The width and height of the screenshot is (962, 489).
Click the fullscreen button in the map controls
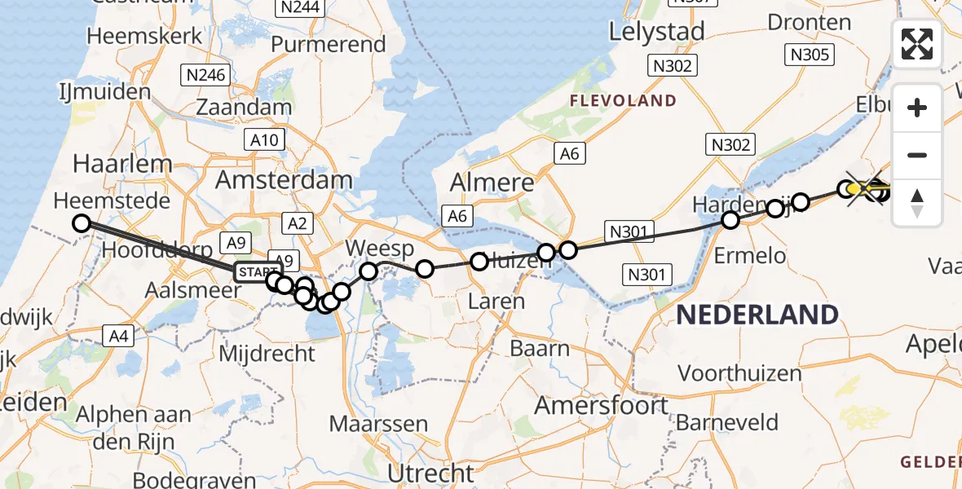[x=917, y=44]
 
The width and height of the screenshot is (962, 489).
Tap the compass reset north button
[x=917, y=203]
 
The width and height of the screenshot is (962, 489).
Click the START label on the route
[x=258, y=271]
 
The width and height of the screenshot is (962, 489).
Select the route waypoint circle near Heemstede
[x=81, y=222]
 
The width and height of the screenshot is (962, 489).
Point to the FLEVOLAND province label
[x=623, y=100]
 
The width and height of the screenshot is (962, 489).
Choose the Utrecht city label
[x=430, y=474]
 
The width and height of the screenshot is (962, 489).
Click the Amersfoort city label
[x=602, y=405]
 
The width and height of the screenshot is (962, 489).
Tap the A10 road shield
[x=264, y=139]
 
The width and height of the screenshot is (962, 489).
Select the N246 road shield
[x=204, y=76]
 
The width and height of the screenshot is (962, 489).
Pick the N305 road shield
[x=808, y=55]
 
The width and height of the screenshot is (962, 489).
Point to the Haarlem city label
[x=122, y=164]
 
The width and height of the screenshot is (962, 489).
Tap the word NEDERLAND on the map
[x=757, y=315]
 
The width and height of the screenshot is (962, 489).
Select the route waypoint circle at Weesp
[x=368, y=271]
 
